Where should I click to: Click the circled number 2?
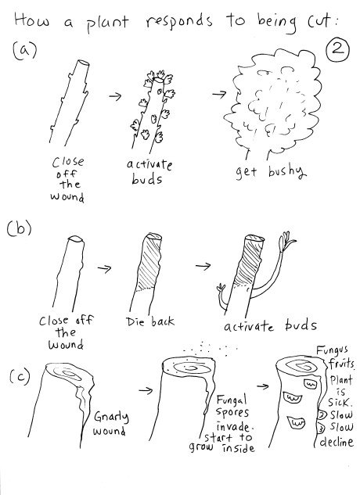click(337, 51)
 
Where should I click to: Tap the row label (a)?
click(24, 50)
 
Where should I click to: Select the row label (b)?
click(19, 228)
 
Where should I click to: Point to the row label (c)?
click(20, 376)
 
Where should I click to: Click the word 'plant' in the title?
click(107, 23)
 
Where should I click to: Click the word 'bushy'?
click(287, 172)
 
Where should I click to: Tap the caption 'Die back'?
click(149, 321)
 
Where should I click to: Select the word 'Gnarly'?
click(111, 418)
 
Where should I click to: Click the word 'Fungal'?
click(231, 401)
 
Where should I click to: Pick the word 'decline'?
click(336, 442)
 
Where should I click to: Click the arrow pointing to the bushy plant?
click(219, 94)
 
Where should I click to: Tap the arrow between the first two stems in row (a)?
click(115, 96)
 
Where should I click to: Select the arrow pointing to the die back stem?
click(104, 269)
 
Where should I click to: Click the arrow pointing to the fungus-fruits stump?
click(262, 386)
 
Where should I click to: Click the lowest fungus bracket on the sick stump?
click(296, 422)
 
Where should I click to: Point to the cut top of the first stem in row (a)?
click(83, 63)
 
